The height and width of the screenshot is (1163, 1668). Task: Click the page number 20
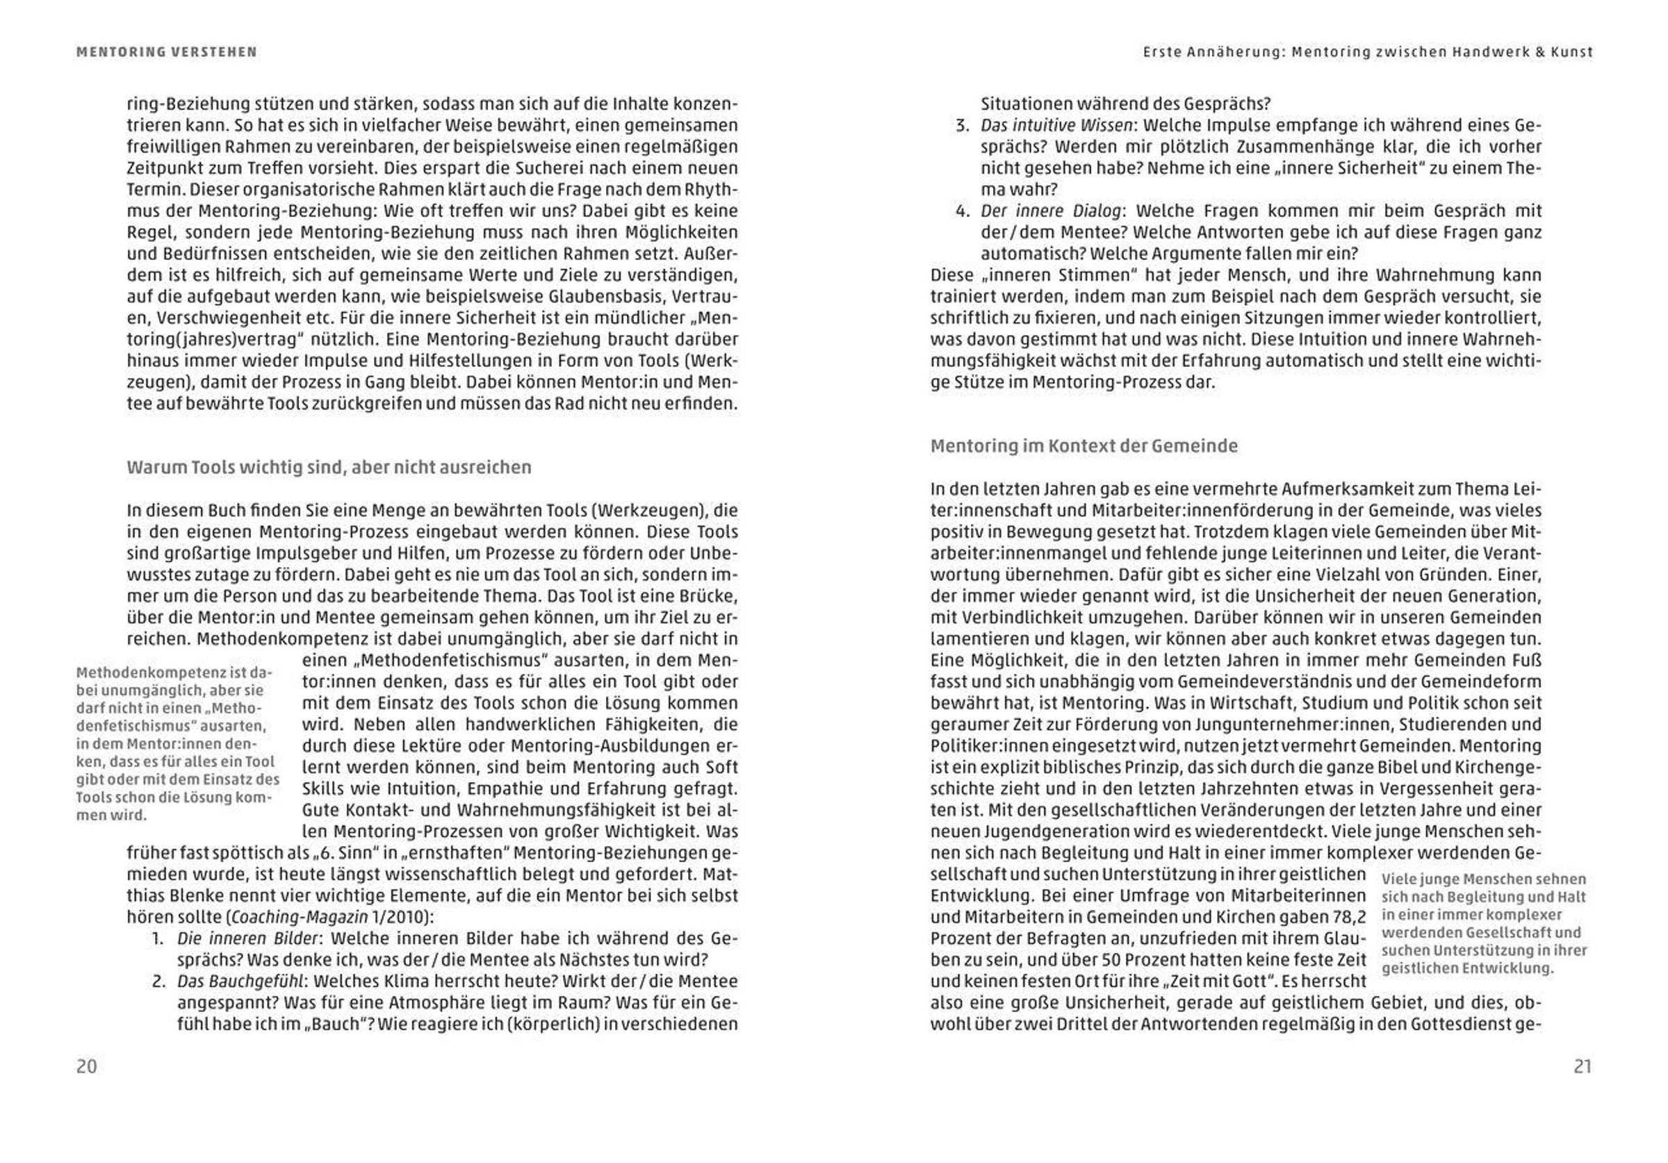[x=86, y=1066]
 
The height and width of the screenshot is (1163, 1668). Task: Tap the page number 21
[x=1583, y=1066]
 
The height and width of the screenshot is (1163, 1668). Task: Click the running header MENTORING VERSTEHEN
[x=166, y=52]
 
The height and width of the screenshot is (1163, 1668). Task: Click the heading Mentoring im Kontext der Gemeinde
[x=1084, y=446]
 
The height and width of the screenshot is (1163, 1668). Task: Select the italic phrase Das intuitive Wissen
[x=1056, y=126]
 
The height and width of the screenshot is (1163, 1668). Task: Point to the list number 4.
[x=962, y=211]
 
